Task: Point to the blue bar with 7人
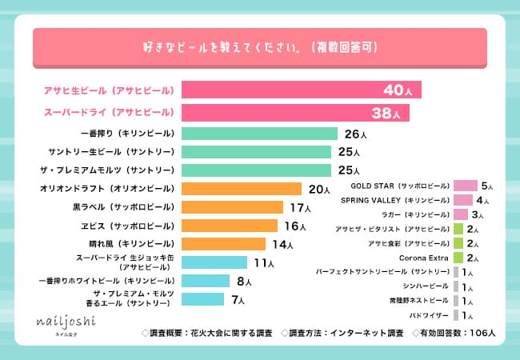(202, 299)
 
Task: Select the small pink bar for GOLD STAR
(465, 186)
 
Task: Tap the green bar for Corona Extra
(458, 258)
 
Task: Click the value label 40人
(398, 90)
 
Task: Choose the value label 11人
(265, 262)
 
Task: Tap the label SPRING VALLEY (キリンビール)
(394, 200)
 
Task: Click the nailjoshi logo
(65, 323)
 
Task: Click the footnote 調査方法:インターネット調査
(346, 331)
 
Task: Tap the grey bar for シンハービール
(455, 286)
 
